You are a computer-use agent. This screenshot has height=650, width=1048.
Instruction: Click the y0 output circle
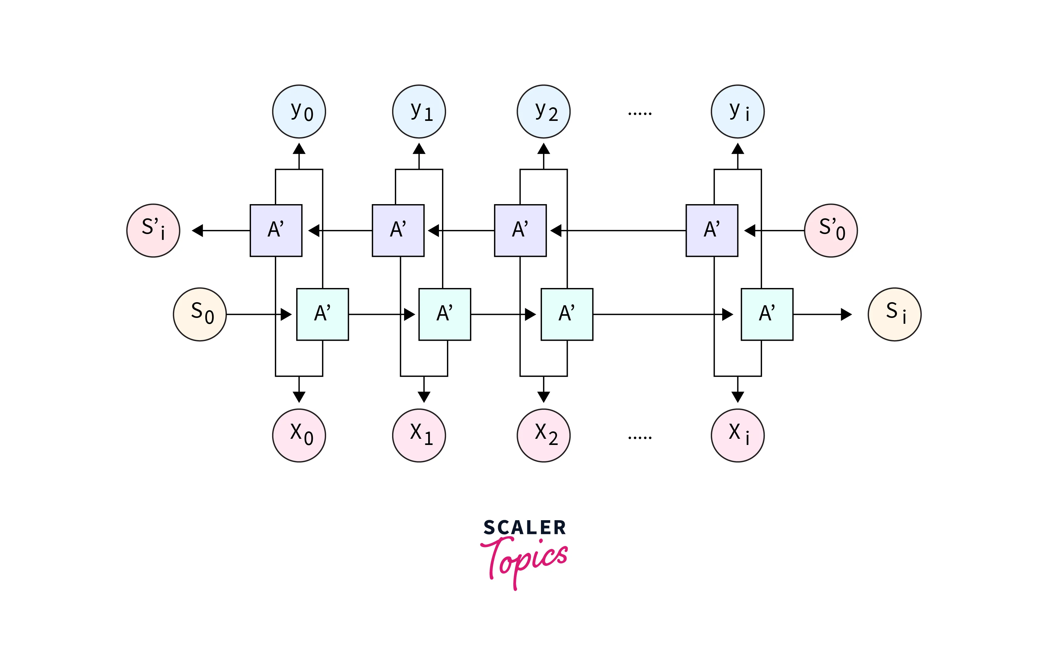click(299, 111)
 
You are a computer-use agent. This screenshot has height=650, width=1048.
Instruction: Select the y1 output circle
click(419, 111)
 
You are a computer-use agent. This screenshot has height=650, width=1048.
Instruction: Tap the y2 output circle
click(543, 111)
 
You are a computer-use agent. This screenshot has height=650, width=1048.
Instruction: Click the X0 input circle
click(299, 435)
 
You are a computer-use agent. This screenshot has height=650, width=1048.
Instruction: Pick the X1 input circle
click(419, 435)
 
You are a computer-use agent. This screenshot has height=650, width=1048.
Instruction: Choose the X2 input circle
click(543, 435)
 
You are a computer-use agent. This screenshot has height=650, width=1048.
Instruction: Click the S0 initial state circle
click(199, 314)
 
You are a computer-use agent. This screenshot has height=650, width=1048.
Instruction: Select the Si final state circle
click(894, 314)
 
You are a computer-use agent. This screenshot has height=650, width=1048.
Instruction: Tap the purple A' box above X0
click(276, 230)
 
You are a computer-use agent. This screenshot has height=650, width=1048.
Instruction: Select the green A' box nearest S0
click(322, 314)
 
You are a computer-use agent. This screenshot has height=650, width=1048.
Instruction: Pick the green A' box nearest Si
click(767, 314)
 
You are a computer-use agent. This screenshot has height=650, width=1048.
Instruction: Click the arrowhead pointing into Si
click(845, 314)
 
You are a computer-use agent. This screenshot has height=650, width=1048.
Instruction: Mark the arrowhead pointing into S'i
click(198, 230)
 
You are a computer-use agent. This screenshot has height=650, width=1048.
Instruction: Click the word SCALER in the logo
click(524, 528)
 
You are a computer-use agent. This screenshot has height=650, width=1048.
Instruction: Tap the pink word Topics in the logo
click(525, 559)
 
